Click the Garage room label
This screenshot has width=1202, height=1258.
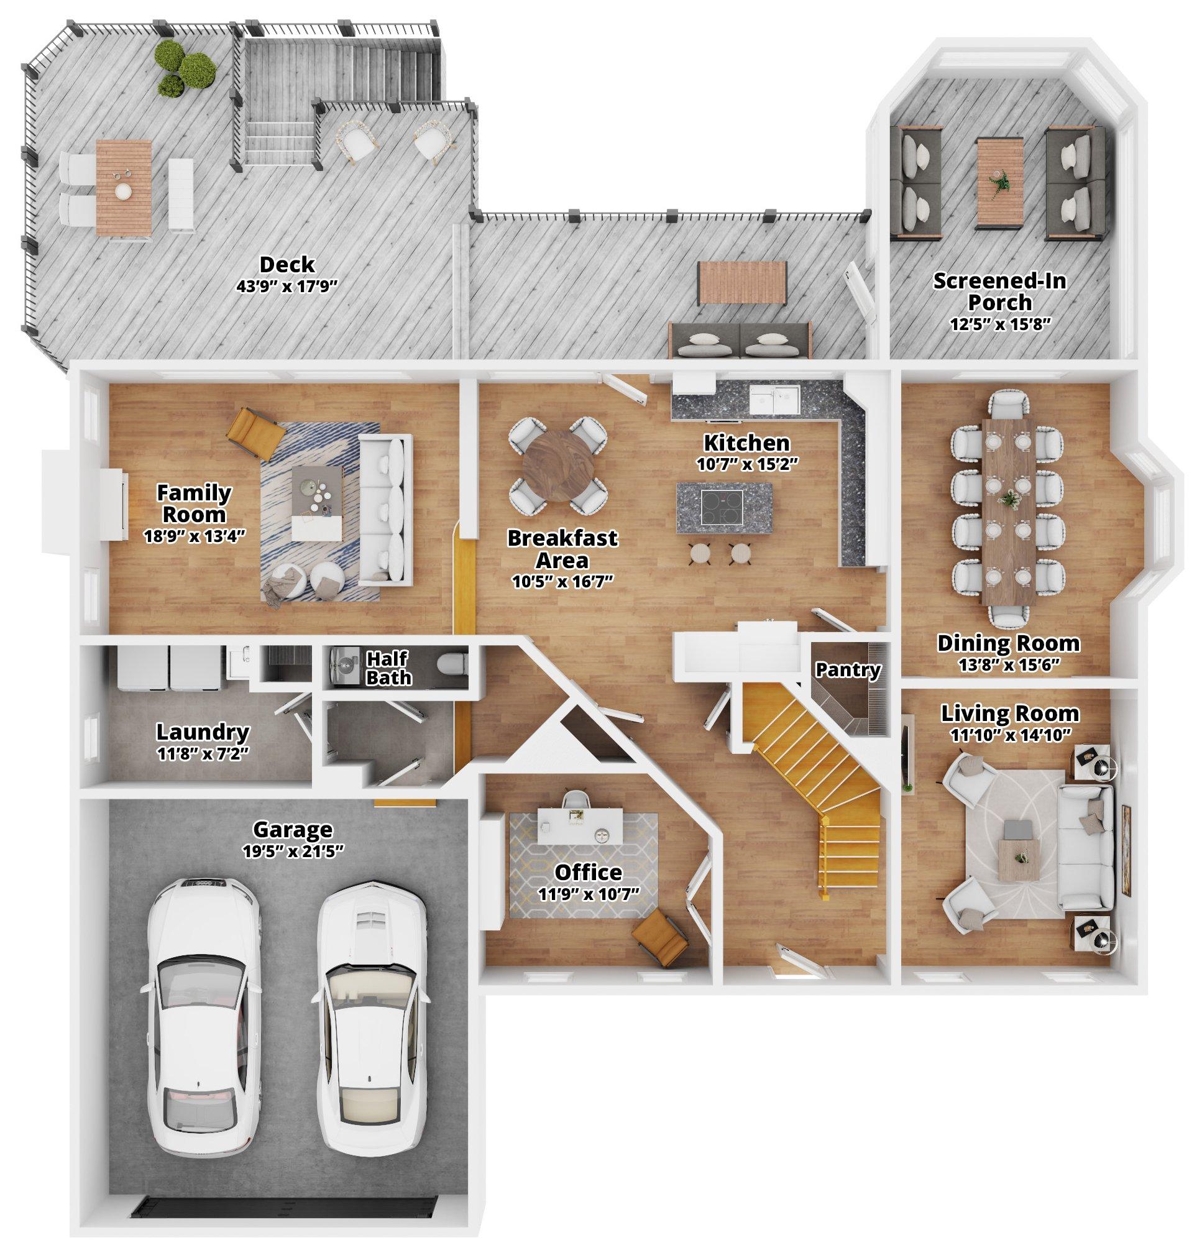pos(293,829)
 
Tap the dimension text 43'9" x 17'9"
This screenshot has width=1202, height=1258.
pos(287,286)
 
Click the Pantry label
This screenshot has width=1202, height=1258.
pos(848,669)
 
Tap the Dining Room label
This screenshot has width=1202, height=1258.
pos(1008,643)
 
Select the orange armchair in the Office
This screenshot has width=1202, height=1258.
pos(661,936)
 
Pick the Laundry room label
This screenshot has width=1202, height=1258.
pos(203,731)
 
